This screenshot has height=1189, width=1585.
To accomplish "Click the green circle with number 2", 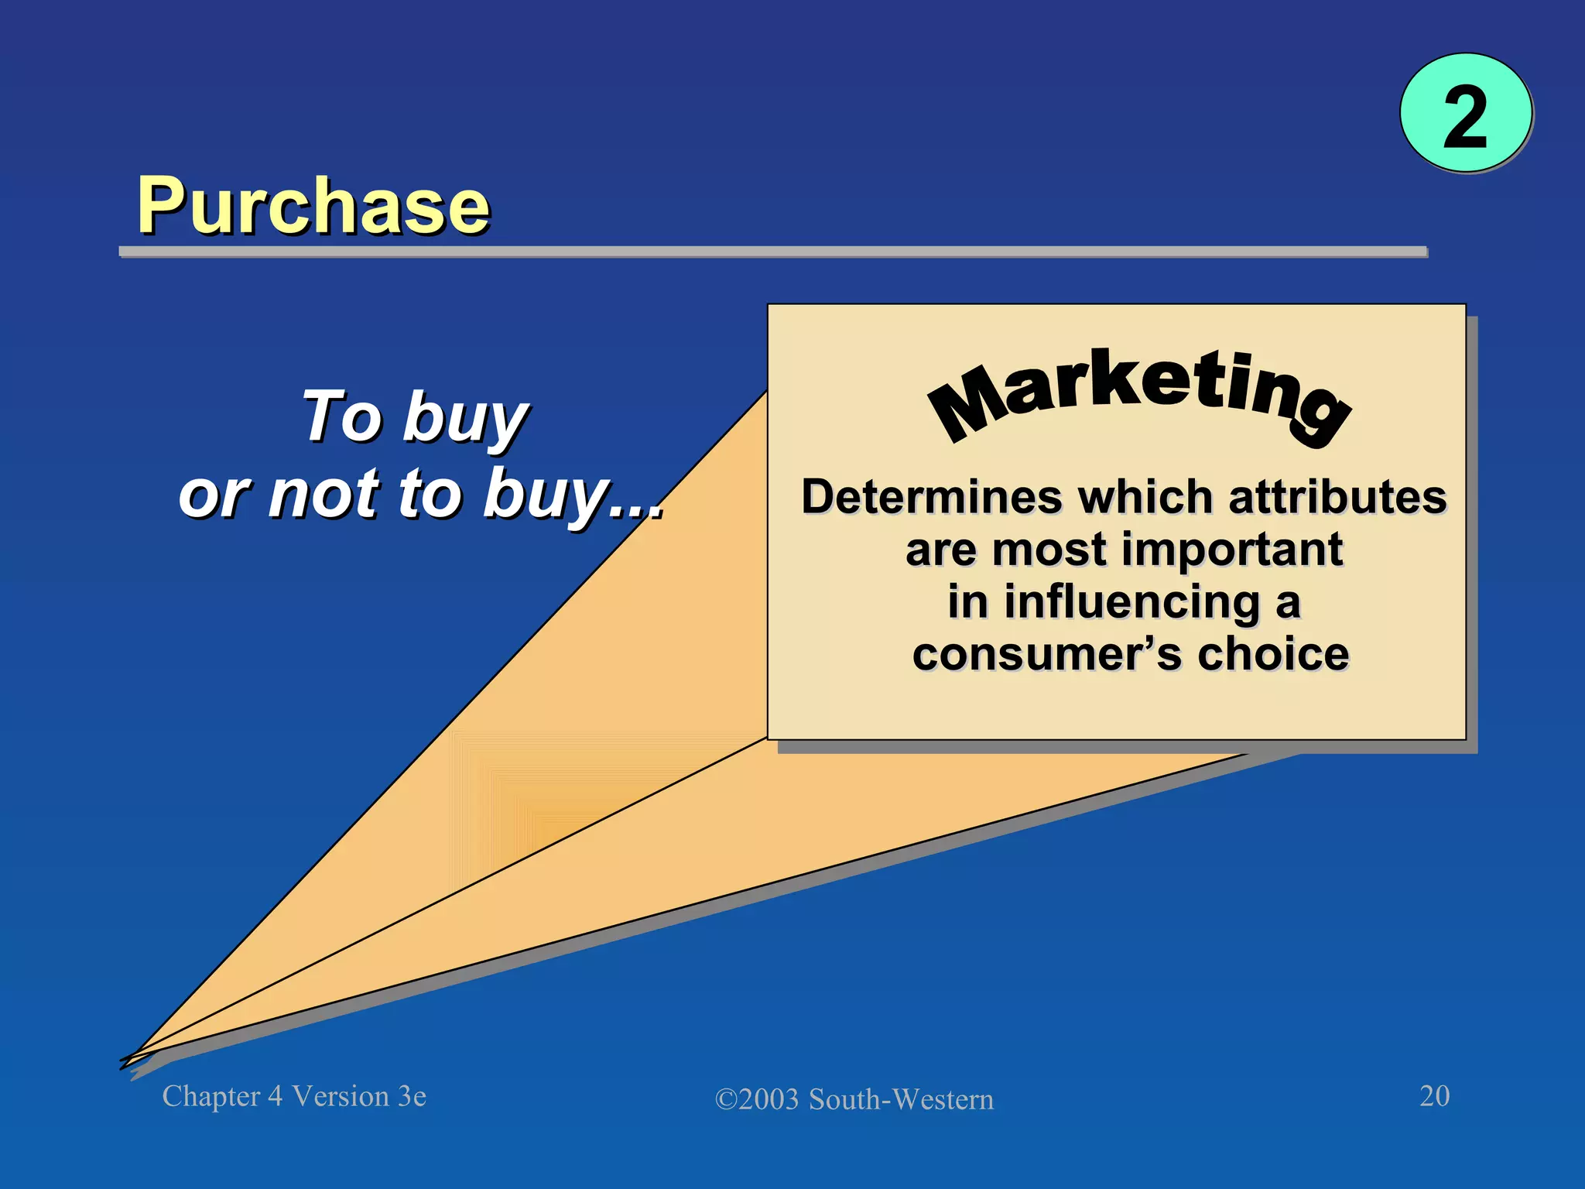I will [1466, 114].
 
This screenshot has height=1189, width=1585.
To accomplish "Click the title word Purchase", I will [313, 205].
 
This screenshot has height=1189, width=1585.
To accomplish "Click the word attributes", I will [1337, 496].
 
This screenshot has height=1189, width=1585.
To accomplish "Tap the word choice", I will [1273, 654].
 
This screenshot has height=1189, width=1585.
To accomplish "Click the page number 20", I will [1434, 1096].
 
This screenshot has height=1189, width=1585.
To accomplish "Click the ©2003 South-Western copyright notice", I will [854, 1099].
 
